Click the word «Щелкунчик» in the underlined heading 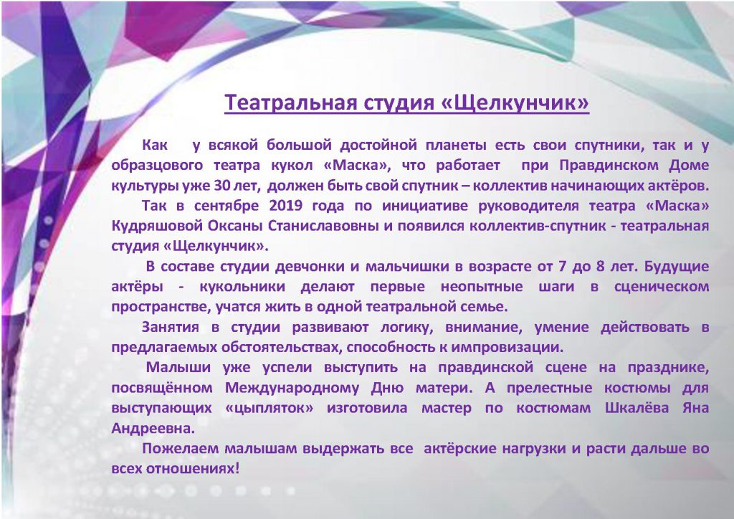[x=515, y=102]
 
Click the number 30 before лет [x=222, y=186]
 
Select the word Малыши [x=178, y=367]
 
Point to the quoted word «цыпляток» [x=270, y=408]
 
